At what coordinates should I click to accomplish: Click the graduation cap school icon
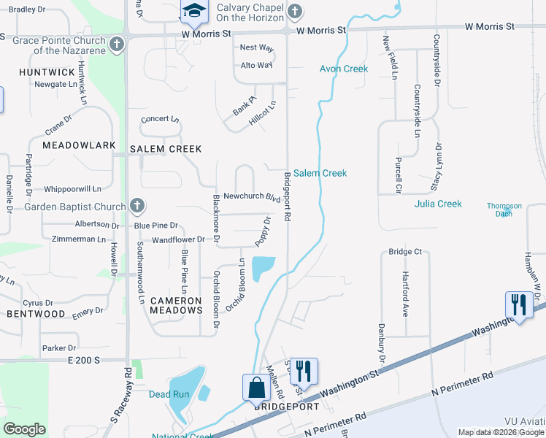(193, 11)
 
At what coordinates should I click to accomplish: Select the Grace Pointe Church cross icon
(115, 45)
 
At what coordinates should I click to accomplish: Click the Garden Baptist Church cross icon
(136, 206)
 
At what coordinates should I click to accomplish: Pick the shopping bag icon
(256, 387)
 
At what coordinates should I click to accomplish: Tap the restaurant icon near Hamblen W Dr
(518, 304)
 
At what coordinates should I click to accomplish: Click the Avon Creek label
(344, 69)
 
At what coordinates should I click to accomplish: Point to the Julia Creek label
(438, 204)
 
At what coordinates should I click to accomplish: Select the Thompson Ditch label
(504, 210)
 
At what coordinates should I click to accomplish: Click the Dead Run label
(169, 394)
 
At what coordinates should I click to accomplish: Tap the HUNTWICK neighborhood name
(47, 73)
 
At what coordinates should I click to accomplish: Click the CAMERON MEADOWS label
(176, 305)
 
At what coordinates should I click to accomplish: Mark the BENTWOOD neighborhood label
(36, 314)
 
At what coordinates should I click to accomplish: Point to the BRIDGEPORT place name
(287, 407)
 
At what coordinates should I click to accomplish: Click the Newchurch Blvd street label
(252, 197)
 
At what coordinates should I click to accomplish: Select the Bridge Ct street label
(406, 252)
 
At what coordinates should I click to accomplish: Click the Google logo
(25, 429)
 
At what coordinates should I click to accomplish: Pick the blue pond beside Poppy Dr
(263, 269)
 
